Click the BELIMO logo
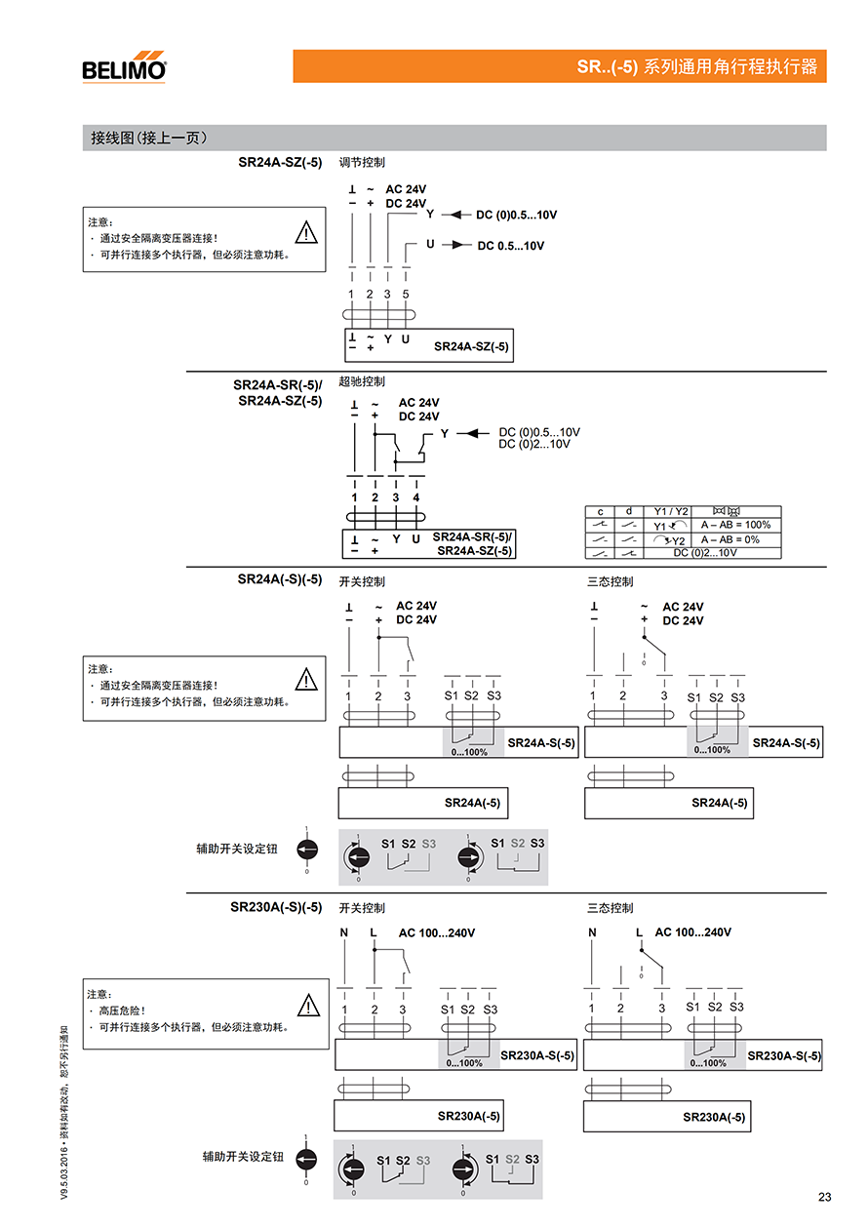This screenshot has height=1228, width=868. (x=124, y=67)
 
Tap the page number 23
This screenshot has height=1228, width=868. (x=824, y=1197)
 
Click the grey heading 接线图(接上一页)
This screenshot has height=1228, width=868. (x=149, y=138)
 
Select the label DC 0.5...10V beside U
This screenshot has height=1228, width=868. (x=510, y=246)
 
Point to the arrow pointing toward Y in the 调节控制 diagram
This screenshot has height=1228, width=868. (x=456, y=215)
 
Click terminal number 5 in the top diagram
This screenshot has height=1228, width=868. (x=406, y=295)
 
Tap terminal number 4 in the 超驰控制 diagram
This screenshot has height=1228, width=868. (x=416, y=497)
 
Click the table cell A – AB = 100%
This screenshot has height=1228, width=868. (x=735, y=525)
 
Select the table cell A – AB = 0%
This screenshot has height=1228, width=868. (x=730, y=539)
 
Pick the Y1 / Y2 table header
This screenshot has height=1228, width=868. (x=671, y=511)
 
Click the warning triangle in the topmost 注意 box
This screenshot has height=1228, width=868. (x=306, y=232)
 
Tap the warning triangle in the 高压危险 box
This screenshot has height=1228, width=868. (x=308, y=1005)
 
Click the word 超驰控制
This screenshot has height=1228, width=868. (x=362, y=381)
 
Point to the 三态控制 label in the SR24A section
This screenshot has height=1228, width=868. (x=610, y=581)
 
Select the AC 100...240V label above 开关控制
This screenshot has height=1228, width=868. (x=437, y=932)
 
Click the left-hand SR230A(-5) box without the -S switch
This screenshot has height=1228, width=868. (x=418, y=1116)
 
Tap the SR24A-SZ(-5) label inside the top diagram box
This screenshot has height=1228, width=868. (x=471, y=346)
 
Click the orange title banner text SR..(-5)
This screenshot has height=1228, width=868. (x=607, y=67)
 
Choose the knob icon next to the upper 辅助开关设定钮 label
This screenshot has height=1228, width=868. (x=307, y=850)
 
